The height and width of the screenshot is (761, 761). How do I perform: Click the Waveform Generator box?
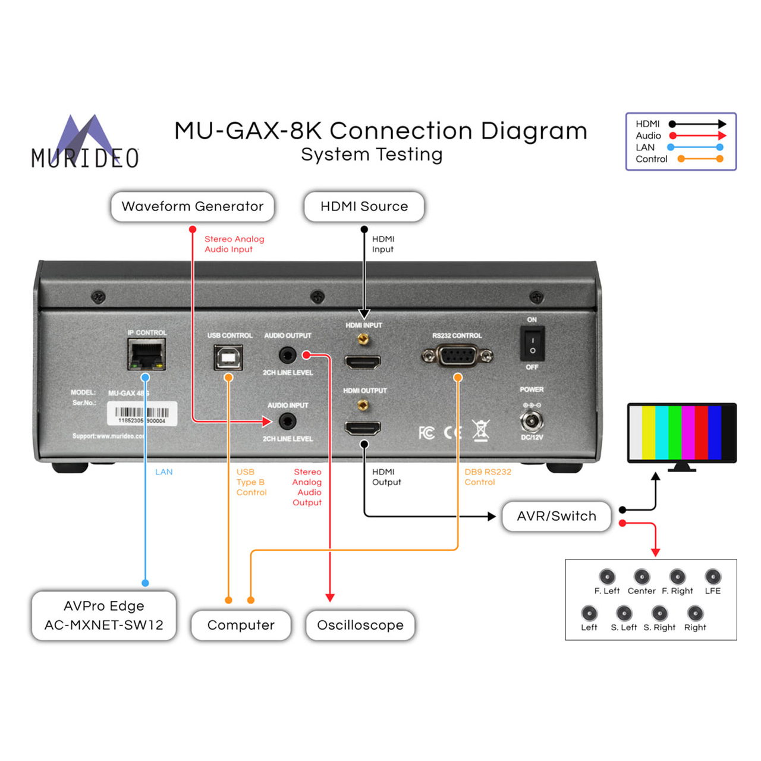click(x=192, y=206)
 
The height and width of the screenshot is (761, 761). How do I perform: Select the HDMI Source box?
click(x=364, y=206)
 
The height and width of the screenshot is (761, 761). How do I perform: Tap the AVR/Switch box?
click(x=556, y=516)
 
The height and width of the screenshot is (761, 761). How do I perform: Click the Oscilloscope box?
click(x=360, y=625)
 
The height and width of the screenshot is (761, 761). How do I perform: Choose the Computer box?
click(x=241, y=625)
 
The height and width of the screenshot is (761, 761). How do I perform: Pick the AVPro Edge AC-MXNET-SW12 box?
click(x=103, y=615)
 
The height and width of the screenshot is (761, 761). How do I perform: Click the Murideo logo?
click(x=85, y=142)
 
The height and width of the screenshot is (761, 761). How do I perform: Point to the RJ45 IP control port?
click(x=146, y=354)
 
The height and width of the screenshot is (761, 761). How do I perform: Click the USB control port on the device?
click(x=228, y=357)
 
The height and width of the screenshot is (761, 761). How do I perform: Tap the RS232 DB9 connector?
click(x=457, y=356)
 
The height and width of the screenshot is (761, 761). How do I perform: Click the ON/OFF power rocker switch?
click(x=532, y=344)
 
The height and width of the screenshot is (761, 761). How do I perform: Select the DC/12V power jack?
click(x=531, y=421)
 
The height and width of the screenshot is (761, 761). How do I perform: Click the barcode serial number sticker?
click(x=141, y=414)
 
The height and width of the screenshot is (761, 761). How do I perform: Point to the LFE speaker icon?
click(x=713, y=577)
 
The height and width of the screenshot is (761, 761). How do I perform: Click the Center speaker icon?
click(x=641, y=577)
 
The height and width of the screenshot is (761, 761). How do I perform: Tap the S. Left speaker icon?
click(x=624, y=613)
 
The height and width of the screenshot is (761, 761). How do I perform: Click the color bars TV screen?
click(x=681, y=432)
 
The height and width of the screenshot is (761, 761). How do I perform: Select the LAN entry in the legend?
click(x=645, y=147)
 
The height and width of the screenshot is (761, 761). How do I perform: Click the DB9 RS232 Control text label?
click(x=488, y=477)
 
